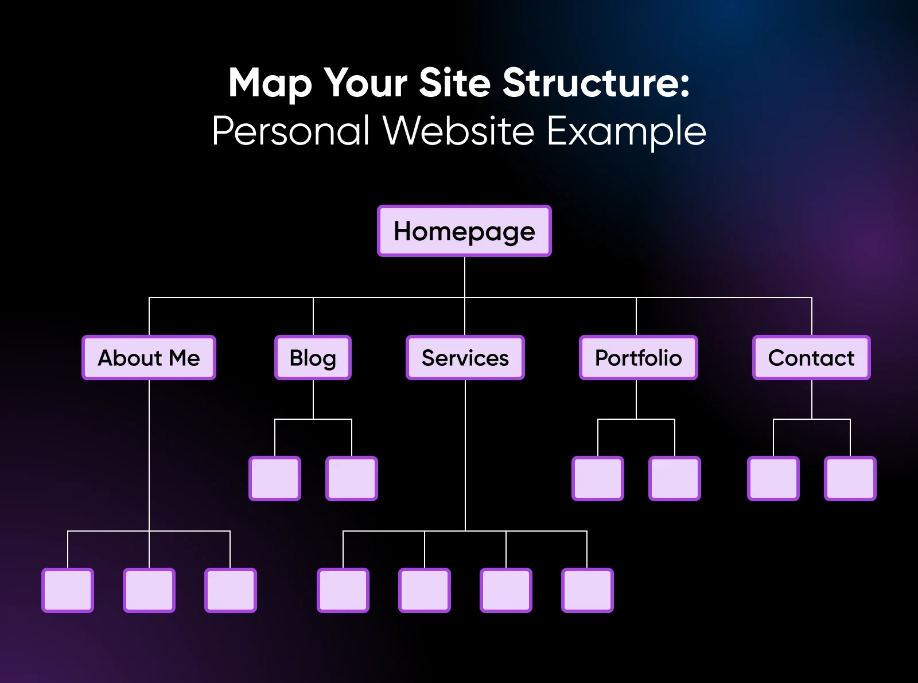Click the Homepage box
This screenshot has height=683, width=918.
click(464, 231)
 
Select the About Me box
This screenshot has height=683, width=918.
click(149, 358)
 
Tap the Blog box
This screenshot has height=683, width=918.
click(313, 358)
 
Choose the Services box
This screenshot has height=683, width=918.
click(465, 358)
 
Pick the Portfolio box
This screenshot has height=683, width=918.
click(638, 358)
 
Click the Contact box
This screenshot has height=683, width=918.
click(811, 358)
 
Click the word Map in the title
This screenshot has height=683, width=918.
click(270, 84)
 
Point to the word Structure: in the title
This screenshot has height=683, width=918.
click(596, 83)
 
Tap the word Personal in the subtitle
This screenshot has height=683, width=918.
click(290, 131)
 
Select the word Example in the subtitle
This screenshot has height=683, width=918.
click(626, 132)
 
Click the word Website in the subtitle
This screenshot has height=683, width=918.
click(458, 131)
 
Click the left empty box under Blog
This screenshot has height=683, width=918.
click(275, 478)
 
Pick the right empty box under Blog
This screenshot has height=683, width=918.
click(352, 478)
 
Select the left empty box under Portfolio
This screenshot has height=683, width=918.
click(598, 478)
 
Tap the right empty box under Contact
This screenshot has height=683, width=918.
click(850, 478)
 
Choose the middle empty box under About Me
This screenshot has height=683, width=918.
click(149, 590)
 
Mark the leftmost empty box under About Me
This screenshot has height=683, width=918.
click(68, 590)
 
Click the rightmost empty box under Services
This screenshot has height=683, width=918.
click(588, 590)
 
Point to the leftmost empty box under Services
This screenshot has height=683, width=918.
click(343, 590)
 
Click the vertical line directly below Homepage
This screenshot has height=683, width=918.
click(465, 277)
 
